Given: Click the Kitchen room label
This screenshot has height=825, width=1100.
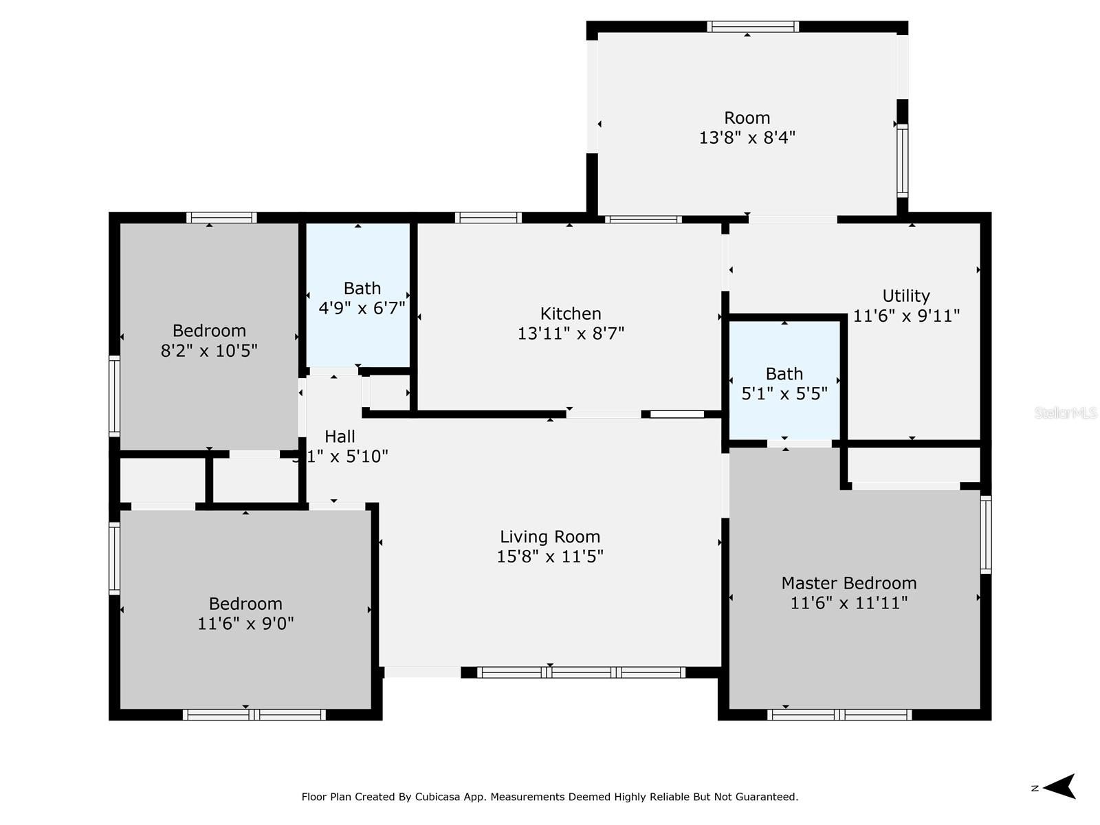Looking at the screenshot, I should [x=571, y=313].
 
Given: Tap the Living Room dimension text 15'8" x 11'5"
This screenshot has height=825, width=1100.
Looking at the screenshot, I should [x=550, y=556].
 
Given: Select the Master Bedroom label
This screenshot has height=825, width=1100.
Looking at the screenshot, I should [x=849, y=583].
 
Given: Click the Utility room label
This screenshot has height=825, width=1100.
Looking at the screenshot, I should [x=906, y=296].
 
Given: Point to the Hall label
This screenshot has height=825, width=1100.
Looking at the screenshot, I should [x=340, y=437].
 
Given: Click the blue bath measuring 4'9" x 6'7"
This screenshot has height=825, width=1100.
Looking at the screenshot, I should [x=358, y=296].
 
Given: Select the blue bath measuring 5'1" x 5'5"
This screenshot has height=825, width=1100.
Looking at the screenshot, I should [x=784, y=382].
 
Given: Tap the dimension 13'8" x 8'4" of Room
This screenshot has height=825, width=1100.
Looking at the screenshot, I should [x=747, y=137].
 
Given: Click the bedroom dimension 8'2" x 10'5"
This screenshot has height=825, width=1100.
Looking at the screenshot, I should [x=209, y=351].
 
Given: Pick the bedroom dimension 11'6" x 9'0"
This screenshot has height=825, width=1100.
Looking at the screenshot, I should [x=245, y=624].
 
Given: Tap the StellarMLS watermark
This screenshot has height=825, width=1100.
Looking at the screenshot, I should [x=1065, y=413].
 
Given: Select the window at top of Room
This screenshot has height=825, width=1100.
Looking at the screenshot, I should [x=753, y=27].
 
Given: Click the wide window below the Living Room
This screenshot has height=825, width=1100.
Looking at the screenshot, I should [x=581, y=672].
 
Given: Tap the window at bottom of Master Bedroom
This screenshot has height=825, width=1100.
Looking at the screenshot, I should [x=839, y=715].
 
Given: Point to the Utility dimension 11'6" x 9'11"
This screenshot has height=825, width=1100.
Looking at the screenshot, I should [x=906, y=316].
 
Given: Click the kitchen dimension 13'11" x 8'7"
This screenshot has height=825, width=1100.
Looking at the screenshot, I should [x=571, y=333].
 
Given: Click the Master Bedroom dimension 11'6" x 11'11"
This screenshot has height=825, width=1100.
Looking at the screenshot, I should [x=849, y=603].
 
